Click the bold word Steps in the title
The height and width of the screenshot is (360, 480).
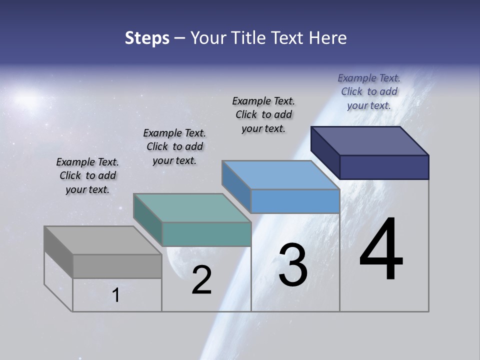(147, 38)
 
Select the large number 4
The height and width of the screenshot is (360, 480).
(381, 250)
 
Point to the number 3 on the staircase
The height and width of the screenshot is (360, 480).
(293, 265)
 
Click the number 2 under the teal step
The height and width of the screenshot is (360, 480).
(201, 280)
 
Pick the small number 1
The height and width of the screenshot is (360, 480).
(116, 295)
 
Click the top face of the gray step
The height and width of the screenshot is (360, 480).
(102, 240)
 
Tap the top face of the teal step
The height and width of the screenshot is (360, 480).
(192, 208)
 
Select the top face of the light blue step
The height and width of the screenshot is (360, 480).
(281, 175)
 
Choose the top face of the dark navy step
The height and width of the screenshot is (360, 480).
(370, 141)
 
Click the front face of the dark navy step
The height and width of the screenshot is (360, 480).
(384, 167)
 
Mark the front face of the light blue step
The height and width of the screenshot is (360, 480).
(295, 201)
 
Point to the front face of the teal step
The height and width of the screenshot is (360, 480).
(206, 234)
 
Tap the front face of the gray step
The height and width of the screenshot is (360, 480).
(117, 266)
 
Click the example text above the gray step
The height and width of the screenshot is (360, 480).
(87, 176)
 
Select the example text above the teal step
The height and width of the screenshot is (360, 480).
(174, 147)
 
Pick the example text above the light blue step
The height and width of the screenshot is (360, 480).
(263, 115)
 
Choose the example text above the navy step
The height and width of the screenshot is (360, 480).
(369, 92)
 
